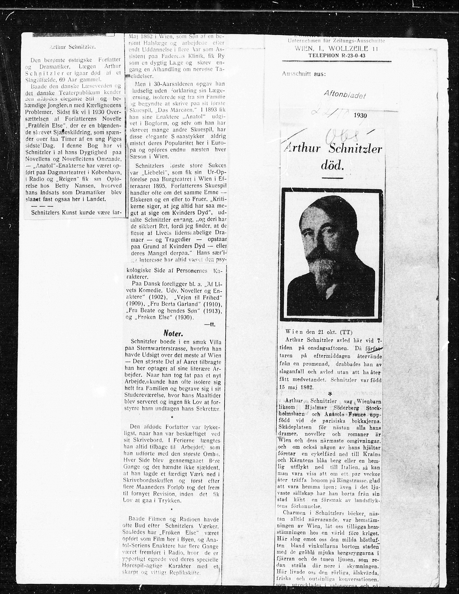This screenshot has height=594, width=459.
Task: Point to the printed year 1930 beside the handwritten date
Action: (x=360, y=115)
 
